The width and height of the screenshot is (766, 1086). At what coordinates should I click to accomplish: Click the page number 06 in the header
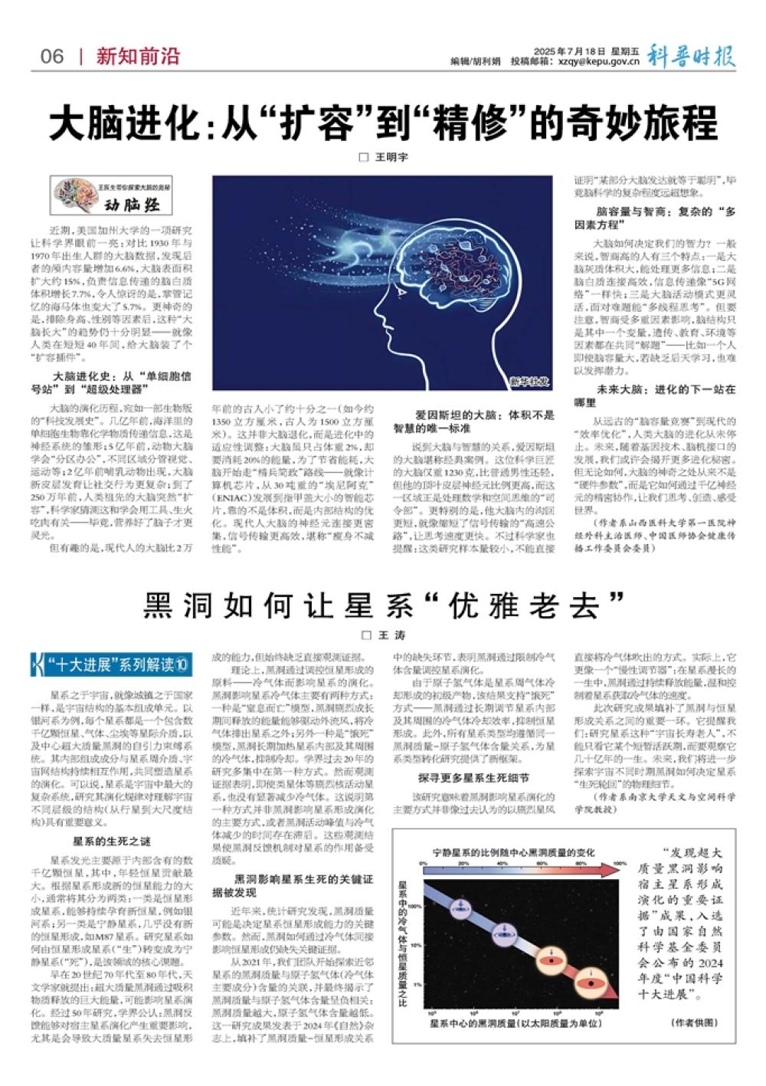[x=53, y=57]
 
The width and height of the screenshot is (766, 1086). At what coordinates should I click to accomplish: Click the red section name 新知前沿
[x=138, y=57]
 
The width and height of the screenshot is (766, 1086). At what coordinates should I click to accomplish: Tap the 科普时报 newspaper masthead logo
[x=692, y=55]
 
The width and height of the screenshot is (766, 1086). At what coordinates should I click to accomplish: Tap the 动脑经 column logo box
[x=111, y=197]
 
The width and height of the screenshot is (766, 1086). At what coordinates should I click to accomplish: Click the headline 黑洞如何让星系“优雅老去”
[x=383, y=605]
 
